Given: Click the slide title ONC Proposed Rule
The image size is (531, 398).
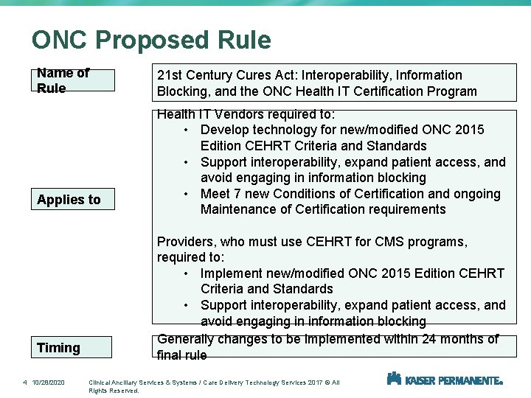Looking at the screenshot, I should tap(151, 41).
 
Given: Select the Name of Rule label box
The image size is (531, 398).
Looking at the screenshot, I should tap(76, 80).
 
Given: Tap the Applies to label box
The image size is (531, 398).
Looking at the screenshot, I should tap(76, 200).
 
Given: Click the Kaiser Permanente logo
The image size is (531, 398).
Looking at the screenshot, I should tap(445, 380).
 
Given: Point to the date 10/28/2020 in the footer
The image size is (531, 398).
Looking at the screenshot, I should tap(49, 382).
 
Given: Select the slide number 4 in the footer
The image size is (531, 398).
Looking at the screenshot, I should tap(24, 382).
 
